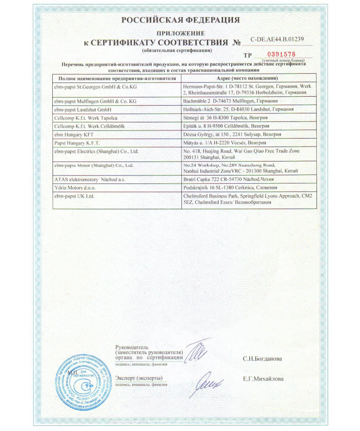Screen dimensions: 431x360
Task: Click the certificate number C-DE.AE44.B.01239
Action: tap(278, 39)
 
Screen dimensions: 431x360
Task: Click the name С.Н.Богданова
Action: tap(262, 359)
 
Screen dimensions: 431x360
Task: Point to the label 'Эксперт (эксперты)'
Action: tap(139, 377)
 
